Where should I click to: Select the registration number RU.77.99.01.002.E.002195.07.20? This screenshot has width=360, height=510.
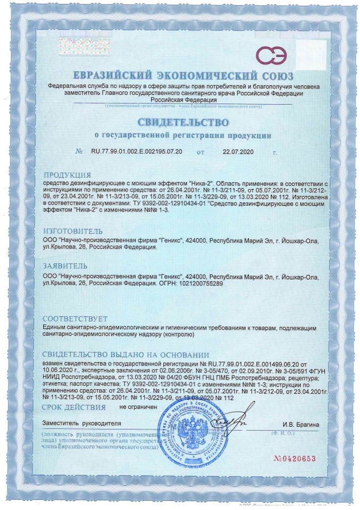pyautogui.click(x=137, y=152)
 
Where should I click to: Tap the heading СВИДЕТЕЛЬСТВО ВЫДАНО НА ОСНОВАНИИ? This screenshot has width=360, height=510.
pyautogui.click(x=127, y=355)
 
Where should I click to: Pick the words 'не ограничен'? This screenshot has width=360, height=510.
pyautogui.click(x=138, y=407)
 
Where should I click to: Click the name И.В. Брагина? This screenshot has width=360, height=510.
pyautogui.click(x=300, y=425)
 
